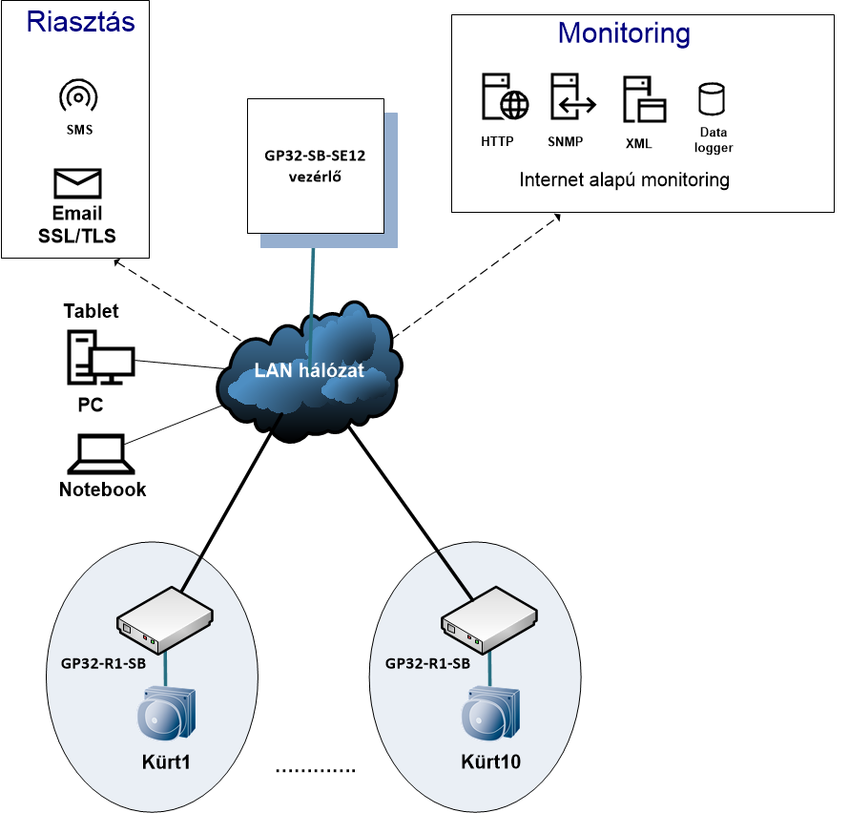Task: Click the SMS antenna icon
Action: click(78, 95)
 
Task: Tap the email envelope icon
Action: click(77, 183)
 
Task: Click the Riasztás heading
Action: click(81, 22)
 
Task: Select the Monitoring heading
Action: click(624, 33)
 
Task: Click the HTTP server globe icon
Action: click(505, 96)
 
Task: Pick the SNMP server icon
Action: click(573, 96)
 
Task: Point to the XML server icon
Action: click(644, 99)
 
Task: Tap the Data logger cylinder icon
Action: click(712, 98)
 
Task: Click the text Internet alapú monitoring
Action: click(624, 179)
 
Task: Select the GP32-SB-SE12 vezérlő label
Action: click(315, 166)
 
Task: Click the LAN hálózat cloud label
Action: click(309, 370)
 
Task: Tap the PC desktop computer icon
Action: click(101, 358)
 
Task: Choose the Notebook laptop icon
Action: click(101, 454)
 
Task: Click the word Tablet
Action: click(91, 311)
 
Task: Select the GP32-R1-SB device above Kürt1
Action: click(165, 619)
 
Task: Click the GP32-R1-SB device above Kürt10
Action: click(489, 619)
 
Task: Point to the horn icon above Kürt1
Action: click(166, 713)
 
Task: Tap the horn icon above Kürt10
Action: click(490, 713)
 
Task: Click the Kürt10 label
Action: click(490, 761)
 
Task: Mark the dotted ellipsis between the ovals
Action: click(315, 770)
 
